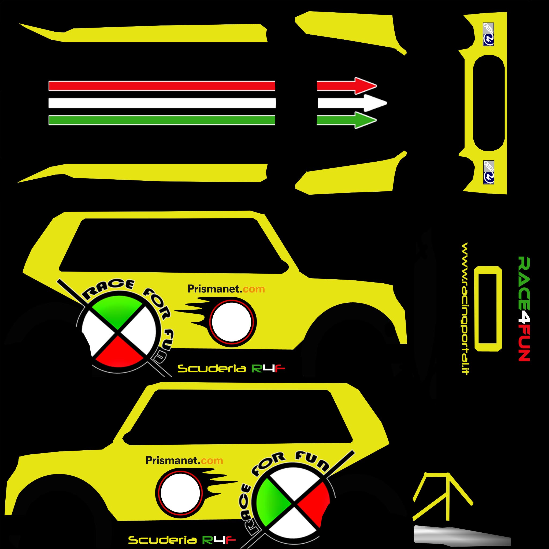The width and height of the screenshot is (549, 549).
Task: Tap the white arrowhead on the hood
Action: point(375,103)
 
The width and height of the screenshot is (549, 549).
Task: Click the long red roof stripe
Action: point(162,86)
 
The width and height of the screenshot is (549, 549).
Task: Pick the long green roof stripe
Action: point(162,120)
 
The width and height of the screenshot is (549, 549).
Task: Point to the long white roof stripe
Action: point(162,103)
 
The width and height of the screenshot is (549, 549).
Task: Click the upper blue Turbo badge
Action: point(488,34)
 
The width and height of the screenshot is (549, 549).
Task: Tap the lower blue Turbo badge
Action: point(488,172)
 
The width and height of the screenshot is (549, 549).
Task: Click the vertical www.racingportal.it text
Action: point(465,308)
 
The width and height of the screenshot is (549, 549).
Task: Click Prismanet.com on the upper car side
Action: point(226,289)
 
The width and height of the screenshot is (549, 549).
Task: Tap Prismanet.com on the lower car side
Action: point(184,460)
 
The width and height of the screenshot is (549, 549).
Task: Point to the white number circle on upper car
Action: point(232,322)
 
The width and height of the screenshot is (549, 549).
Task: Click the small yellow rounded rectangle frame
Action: point(488,309)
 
